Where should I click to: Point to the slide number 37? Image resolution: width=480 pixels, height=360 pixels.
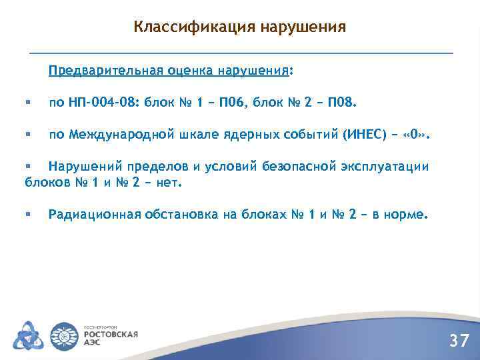458,341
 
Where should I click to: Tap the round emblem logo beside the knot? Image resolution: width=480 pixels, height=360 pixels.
65,335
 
